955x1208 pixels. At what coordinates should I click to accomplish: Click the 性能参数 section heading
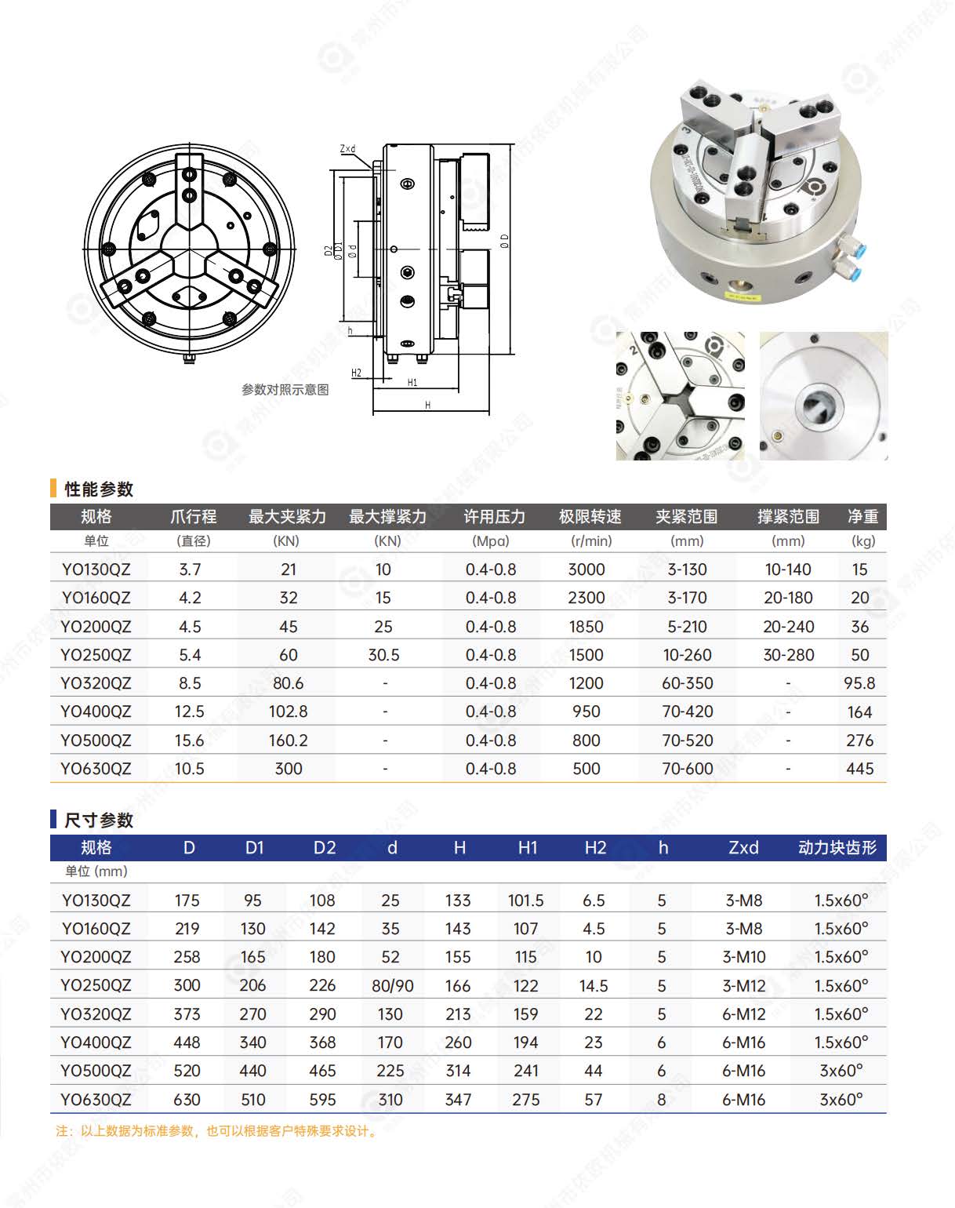point(98,489)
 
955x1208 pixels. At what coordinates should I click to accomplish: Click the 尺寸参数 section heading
point(98,820)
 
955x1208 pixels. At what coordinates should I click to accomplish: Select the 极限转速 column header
point(590,517)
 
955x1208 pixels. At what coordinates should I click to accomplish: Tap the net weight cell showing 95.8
point(859,683)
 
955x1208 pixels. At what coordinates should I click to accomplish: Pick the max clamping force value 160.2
point(288,740)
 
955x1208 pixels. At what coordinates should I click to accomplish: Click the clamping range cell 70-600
point(688,769)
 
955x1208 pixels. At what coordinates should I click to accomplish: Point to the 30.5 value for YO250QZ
point(383,655)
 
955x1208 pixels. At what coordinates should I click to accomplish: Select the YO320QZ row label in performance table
point(96,683)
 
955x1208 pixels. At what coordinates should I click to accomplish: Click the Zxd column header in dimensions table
point(743,848)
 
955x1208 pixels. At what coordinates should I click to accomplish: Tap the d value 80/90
point(392,986)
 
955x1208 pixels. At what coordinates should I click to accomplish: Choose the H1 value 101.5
point(525,901)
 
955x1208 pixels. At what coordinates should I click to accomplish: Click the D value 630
point(187,1100)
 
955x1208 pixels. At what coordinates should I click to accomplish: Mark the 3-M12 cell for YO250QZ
point(743,986)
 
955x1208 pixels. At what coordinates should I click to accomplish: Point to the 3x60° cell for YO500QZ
point(841,1071)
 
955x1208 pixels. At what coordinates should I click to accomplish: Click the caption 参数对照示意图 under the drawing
point(285,390)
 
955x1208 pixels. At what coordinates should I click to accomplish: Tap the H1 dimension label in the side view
point(412,383)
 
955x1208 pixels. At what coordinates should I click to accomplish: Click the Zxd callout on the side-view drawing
point(347,149)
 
